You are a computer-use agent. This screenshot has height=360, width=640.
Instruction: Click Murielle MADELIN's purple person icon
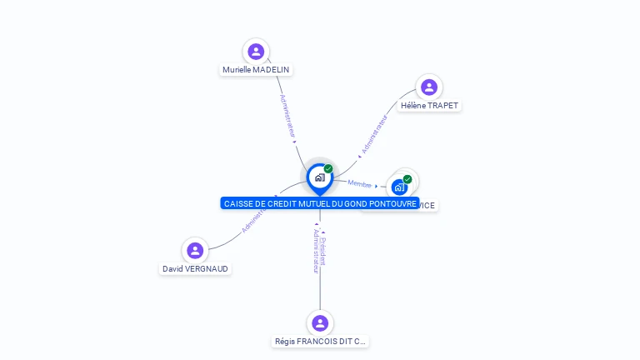(256, 52)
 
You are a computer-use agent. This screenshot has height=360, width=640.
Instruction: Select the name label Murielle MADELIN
(257, 70)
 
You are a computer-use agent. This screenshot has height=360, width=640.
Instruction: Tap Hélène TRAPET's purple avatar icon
(429, 87)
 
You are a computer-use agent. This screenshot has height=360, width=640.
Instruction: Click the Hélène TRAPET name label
(429, 106)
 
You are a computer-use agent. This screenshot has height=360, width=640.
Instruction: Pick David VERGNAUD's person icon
(195, 251)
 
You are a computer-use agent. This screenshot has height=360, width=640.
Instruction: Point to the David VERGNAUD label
(195, 269)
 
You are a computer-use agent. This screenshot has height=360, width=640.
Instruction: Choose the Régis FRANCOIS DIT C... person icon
(320, 323)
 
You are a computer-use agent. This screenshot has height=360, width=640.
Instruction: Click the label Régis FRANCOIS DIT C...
(320, 342)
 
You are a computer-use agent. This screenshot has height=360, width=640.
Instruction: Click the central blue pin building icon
(319, 177)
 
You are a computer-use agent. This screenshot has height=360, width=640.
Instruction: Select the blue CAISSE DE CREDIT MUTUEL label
(320, 203)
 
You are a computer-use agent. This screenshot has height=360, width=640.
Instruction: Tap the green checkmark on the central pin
(328, 169)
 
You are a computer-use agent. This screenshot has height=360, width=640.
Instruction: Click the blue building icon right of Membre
(399, 187)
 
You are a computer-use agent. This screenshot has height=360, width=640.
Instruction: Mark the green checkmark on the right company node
(407, 179)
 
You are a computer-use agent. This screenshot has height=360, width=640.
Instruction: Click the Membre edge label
(360, 183)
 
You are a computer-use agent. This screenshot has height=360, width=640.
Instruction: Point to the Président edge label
(323, 251)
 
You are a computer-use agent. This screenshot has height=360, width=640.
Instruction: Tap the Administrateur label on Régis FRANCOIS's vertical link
(316, 251)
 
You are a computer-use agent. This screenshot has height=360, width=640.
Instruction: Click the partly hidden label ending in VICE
(426, 206)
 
